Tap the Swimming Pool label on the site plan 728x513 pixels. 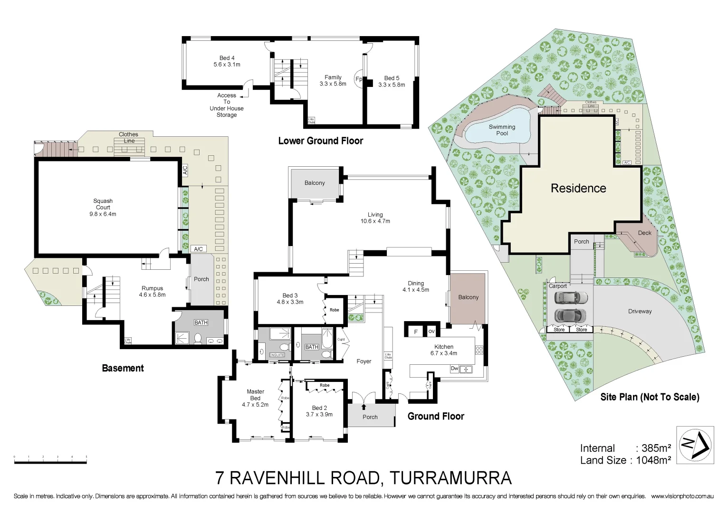click(x=502, y=130)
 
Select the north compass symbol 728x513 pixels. click(x=695, y=445)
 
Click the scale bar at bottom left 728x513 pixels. click(x=50, y=459)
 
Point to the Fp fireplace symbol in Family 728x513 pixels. click(x=359, y=79)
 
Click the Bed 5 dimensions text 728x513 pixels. click(x=392, y=85)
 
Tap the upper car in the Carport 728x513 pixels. click(x=571, y=298)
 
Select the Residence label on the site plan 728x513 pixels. click(x=578, y=189)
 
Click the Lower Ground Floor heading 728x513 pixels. click(x=320, y=141)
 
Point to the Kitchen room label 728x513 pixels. click(x=444, y=347)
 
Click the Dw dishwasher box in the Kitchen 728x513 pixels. click(x=455, y=369)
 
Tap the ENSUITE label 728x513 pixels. click(x=277, y=355)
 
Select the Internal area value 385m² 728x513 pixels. click(x=656, y=448)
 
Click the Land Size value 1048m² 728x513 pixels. click(x=653, y=460)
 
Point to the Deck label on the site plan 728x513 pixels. click(x=644, y=233)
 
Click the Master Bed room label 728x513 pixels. click(x=255, y=395)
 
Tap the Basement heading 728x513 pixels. click(x=123, y=368)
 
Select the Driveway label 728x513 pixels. click(x=640, y=312)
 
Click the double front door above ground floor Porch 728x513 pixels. click(x=364, y=398)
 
